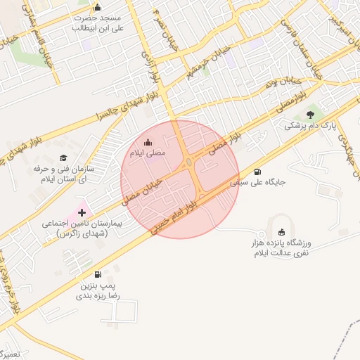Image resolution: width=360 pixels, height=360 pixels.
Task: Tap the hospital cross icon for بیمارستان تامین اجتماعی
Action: coord(82,211)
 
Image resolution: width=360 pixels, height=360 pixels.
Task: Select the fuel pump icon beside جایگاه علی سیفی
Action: coord(257,172)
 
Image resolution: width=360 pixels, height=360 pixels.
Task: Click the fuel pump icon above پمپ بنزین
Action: coord(97,275)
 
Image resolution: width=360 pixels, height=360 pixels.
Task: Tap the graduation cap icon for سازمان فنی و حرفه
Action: coord(63,158)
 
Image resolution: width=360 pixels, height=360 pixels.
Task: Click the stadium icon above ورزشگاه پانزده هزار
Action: coord(283,233)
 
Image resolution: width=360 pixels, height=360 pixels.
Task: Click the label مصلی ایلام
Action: coord(146,153)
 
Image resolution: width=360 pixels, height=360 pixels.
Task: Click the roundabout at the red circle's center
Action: coord(189,163)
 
